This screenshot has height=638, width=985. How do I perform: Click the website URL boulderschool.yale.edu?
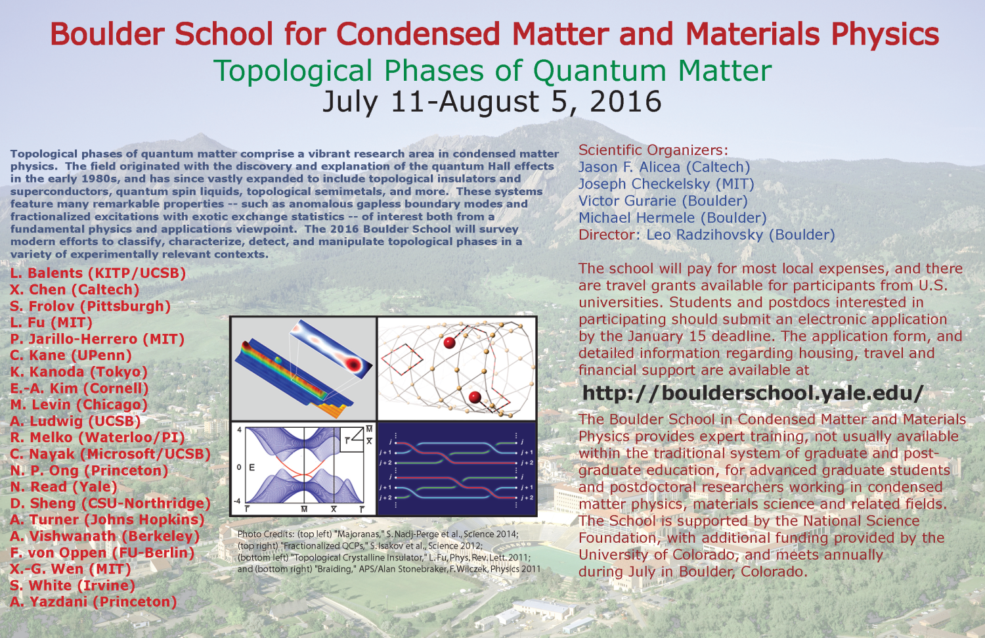[753, 393]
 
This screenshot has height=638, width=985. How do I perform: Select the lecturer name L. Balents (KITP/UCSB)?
[98, 273]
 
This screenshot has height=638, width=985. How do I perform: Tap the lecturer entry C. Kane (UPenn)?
[71, 355]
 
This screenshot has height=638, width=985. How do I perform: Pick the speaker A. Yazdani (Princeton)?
[93, 602]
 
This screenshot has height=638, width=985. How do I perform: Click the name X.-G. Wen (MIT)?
[70, 569]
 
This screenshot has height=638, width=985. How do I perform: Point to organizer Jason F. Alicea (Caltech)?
[664, 168]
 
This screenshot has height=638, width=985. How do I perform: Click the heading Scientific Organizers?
[653, 150]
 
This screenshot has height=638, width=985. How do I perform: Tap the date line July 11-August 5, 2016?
[492, 102]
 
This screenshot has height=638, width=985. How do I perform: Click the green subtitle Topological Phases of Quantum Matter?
[492, 71]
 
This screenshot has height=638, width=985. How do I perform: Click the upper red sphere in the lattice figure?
[450, 342]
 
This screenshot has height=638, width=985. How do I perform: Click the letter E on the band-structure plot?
[252, 467]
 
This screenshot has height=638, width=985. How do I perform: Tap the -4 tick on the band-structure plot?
[238, 501]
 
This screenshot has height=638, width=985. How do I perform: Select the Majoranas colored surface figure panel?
[303, 368]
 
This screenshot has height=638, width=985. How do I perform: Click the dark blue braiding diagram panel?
[457, 468]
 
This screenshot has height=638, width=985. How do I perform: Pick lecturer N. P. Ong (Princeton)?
[89, 470]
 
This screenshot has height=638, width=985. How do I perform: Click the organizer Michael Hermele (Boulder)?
[672, 218]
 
